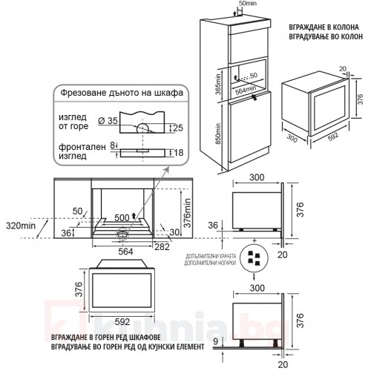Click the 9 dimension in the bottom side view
pos(216,341)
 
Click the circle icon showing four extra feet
pos(255,258)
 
